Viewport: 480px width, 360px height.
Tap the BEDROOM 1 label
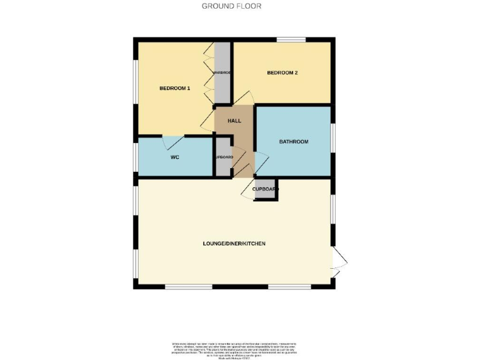[x=174, y=88]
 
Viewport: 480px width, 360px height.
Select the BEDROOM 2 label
[x=282, y=73]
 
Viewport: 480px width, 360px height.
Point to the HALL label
[x=234, y=121]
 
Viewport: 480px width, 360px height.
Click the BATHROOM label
[x=293, y=142]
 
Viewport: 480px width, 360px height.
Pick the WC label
[x=175, y=157]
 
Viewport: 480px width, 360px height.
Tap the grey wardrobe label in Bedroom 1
[x=222, y=73]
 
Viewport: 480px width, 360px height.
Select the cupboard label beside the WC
[x=223, y=157]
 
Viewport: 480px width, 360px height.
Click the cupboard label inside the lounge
[x=266, y=189]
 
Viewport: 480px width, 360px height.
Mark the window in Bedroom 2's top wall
[x=292, y=41]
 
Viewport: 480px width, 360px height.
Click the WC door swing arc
[x=172, y=143]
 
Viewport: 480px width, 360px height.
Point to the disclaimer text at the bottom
[x=239, y=349]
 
